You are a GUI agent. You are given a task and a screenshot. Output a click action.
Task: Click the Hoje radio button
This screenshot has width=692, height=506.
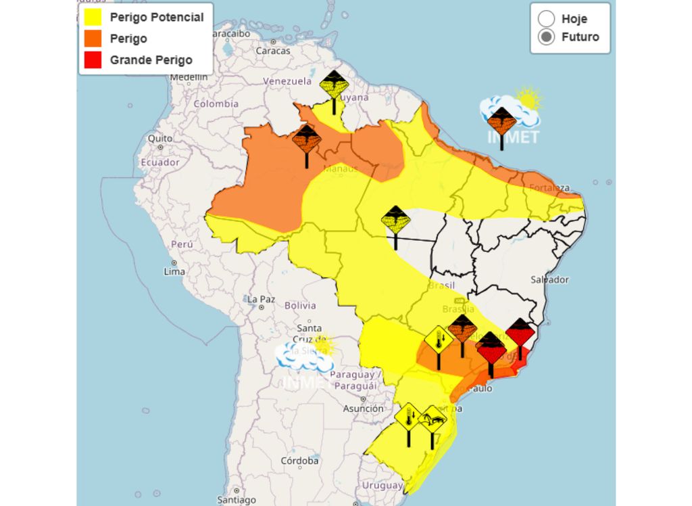pyautogui.click(x=547, y=19)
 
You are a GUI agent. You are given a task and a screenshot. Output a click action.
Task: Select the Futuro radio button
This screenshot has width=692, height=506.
pyautogui.click(x=547, y=37)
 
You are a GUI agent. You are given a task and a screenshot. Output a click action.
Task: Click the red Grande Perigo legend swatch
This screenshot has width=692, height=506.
pyautogui.click(x=93, y=60)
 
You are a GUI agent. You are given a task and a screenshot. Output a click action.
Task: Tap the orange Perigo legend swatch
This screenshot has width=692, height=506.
pyautogui.click(x=93, y=39)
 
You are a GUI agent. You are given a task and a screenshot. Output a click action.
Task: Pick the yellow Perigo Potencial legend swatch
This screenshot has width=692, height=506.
pyautogui.click(x=93, y=18)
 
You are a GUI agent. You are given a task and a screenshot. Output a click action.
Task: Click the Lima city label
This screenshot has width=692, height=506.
pyautogui.click(x=174, y=271)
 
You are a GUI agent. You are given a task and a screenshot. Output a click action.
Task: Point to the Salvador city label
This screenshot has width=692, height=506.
pyautogui.click(x=549, y=279)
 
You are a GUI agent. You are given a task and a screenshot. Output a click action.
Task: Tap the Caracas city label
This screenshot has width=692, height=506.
pyautogui.click(x=273, y=51)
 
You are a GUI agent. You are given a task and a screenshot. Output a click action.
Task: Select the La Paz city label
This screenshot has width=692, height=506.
pyautogui.click(x=260, y=299)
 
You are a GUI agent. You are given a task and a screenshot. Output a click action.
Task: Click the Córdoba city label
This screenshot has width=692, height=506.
pyautogui.click(x=299, y=461)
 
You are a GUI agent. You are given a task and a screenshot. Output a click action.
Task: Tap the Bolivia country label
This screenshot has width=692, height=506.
pyautogui.click(x=300, y=306)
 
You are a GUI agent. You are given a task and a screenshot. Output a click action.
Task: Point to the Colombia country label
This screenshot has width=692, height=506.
pyautogui.click(x=216, y=103)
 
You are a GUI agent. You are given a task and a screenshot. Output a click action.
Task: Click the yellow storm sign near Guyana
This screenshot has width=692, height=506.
pyautogui.click(x=334, y=85)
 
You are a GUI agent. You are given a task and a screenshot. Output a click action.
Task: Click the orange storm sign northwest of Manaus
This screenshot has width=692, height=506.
pyautogui.click(x=307, y=138)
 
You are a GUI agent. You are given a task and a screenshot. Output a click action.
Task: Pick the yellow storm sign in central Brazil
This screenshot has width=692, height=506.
pyautogui.click(x=395, y=219)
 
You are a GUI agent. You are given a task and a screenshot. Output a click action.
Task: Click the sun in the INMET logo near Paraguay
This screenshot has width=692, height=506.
pyautogui.click(x=322, y=345)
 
